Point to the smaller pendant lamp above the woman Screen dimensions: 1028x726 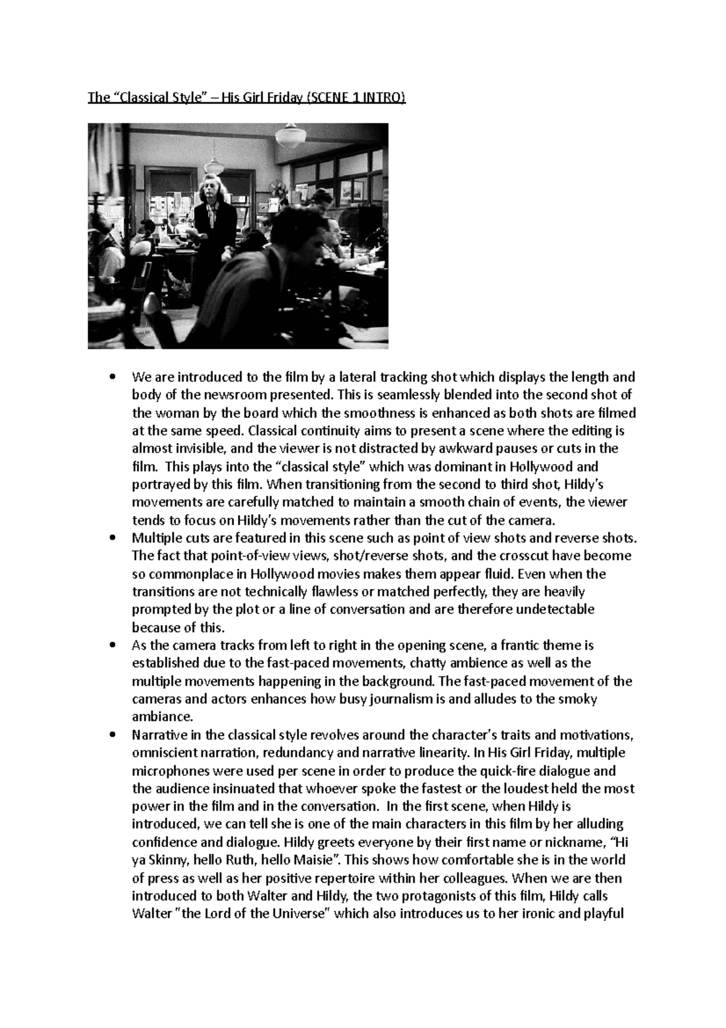pyautogui.click(x=214, y=165)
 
